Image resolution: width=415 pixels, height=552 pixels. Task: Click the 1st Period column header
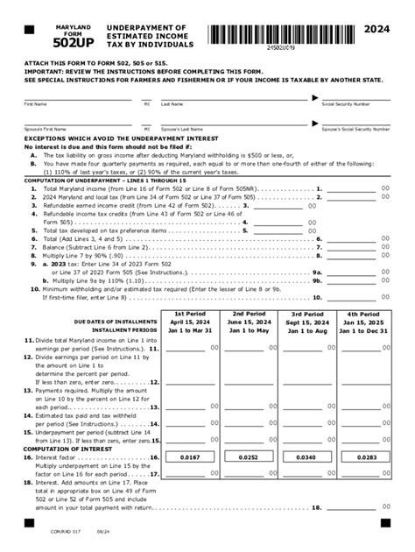point(189,313)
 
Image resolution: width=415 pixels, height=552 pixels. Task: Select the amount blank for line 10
point(359,298)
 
